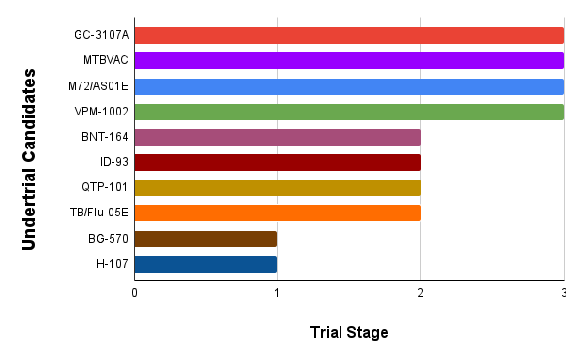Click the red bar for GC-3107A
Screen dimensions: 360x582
pyautogui.click(x=349, y=36)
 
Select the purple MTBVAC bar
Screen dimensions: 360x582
pyautogui.click(x=349, y=61)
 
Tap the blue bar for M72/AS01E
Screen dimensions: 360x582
pyautogui.click(x=349, y=86)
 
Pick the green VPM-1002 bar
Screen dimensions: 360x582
pyautogui.click(x=349, y=112)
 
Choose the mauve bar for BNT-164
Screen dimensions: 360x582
pyautogui.click(x=277, y=137)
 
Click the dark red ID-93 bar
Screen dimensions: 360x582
pyautogui.click(x=277, y=162)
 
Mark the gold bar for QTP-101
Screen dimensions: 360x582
pyautogui.click(x=277, y=187)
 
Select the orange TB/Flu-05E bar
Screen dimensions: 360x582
pyautogui.click(x=277, y=213)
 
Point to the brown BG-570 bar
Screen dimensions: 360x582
pyautogui.click(x=206, y=239)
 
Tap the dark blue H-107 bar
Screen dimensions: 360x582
pyautogui.click(x=206, y=264)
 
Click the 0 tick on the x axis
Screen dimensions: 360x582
pyautogui.click(x=134, y=291)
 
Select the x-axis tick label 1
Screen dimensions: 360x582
pyautogui.click(x=277, y=291)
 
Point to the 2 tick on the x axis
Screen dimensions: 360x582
pyautogui.click(x=420, y=291)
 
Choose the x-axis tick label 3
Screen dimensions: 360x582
pyautogui.click(x=564, y=291)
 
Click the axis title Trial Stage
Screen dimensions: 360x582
pyautogui.click(x=349, y=333)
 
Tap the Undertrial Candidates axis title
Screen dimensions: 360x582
pyautogui.click(x=30, y=159)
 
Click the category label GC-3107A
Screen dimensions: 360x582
pyautogui.click(x=102, y=36)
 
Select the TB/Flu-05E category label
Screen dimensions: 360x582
pyautogui.click(x=98, y=213)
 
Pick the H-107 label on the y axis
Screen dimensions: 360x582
pyautogui.click(x=112, y=264)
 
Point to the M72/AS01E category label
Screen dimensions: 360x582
pyautogui.click(x=99, y=86)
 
